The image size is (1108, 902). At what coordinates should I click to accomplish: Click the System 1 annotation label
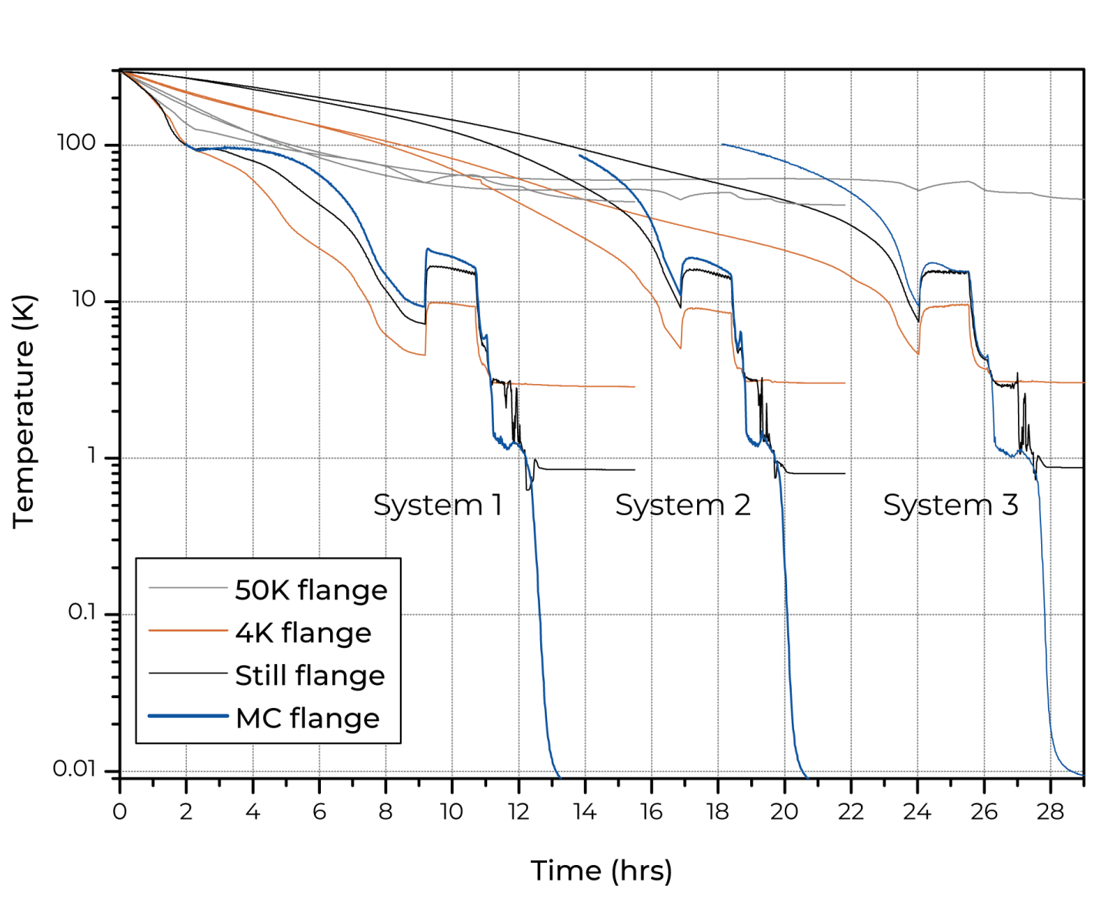(438, 505)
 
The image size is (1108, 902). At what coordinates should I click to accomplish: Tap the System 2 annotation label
(682, 505)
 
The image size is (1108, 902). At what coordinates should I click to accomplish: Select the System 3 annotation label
(950, 505)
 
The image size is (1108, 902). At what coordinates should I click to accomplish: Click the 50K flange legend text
(311, 590)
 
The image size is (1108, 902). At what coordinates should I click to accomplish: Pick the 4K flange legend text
(303, 633)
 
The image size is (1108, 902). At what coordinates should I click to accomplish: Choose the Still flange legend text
(310, 675)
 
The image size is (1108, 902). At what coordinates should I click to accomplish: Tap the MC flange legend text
(307, 718)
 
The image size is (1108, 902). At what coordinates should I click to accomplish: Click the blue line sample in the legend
(188, 717)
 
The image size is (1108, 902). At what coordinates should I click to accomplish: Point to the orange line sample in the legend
(188, 631)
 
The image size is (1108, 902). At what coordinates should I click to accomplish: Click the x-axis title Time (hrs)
(602, 870)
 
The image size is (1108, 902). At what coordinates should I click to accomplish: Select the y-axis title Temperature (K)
(24, 411)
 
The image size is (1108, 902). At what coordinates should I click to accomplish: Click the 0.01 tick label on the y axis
(75, 768)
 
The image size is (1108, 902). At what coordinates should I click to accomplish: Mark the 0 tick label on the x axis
(119, 811)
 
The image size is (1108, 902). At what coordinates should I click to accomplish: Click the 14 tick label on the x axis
(585, 811)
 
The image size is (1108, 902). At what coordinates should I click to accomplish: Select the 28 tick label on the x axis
(1050, 811)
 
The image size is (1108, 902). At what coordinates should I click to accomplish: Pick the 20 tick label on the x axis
(784, 811)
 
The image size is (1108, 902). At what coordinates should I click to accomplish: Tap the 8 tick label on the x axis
(385, 811)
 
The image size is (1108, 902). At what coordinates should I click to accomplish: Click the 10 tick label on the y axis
(83, 299)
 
